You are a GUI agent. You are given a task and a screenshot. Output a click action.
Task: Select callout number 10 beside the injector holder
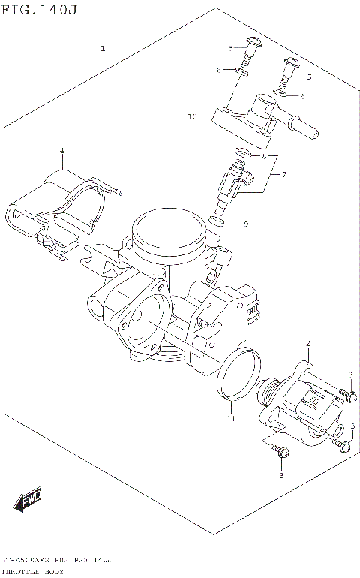pos(192,116)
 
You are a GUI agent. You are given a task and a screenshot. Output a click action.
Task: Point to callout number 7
pos(283,175)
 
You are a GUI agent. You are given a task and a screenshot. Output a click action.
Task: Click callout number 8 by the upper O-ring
pos(263,155)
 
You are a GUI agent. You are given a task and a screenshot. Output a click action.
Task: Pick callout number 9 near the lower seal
pos(245,224)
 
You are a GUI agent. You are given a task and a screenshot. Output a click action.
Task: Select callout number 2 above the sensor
pos(308,342)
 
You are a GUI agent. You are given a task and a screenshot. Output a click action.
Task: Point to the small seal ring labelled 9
pos(217,221)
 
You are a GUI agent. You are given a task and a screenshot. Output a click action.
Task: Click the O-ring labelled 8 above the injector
pos(241,155)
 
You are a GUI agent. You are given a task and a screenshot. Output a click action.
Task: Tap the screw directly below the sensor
pos(281,451)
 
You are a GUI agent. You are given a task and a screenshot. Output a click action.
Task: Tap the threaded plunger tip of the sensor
pos(265,389)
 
